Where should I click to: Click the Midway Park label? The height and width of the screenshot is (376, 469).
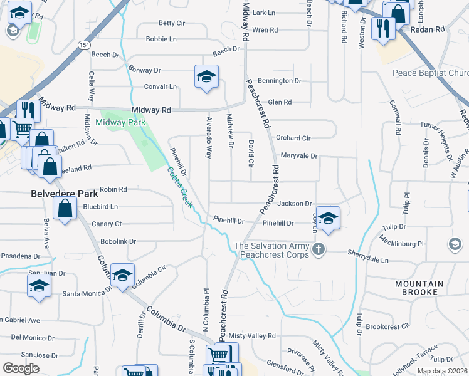pos(120,122)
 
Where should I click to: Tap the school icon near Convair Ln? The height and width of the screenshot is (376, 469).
pos(206,77)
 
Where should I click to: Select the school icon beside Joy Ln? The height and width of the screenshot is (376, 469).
pos(328,219)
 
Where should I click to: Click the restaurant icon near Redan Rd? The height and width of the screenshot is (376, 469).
pos(382,28)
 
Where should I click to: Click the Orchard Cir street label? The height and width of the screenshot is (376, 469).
pos(293,138)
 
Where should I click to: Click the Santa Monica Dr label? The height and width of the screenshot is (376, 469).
pos(86,293)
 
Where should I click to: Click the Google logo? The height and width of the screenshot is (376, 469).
pos(21,368)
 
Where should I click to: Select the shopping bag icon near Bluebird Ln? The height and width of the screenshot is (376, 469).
pos(65,208)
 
